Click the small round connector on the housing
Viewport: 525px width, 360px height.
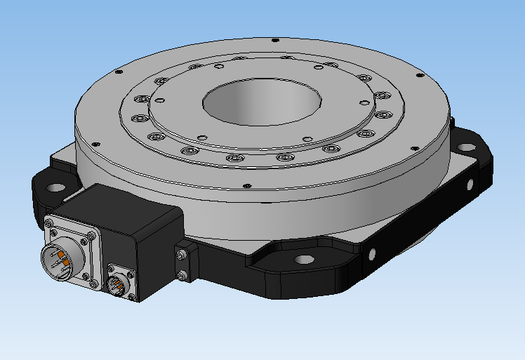tap(117, 284)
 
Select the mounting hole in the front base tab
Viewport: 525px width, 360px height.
tap(303, 260)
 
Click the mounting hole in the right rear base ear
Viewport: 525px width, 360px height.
tap(467, 148)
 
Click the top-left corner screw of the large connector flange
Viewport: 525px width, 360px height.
tap(50, 224)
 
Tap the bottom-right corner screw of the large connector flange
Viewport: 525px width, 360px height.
tap(91, 284)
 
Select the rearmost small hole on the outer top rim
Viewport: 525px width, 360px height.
tap(275, 40)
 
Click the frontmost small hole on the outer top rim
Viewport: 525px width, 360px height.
tap(247, 186)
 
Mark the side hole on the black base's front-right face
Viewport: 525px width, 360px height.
tap(371, 253)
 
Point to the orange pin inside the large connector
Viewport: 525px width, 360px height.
tap(62, 253)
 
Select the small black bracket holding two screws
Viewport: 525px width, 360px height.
tap(184, 264)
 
